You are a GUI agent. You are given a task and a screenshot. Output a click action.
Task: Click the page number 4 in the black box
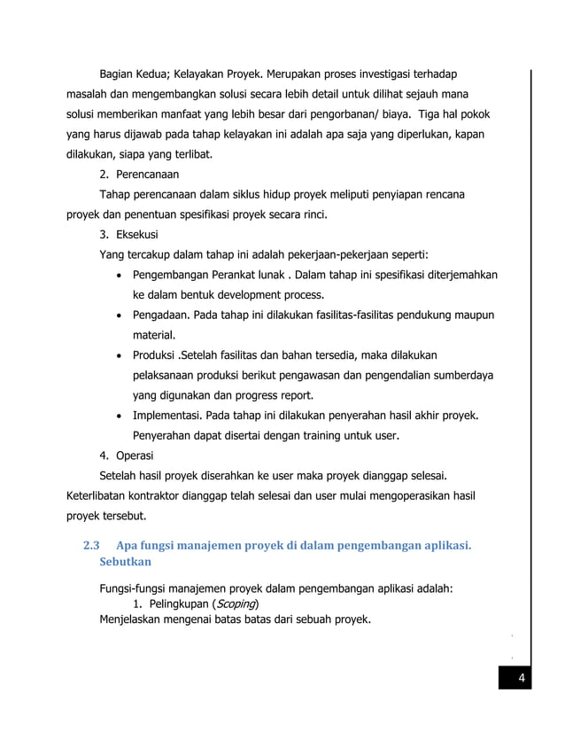[522, 680]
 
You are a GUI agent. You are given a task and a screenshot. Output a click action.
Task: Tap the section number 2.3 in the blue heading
[91, 545]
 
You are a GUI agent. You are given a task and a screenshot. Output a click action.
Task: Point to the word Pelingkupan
[176, 604]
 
